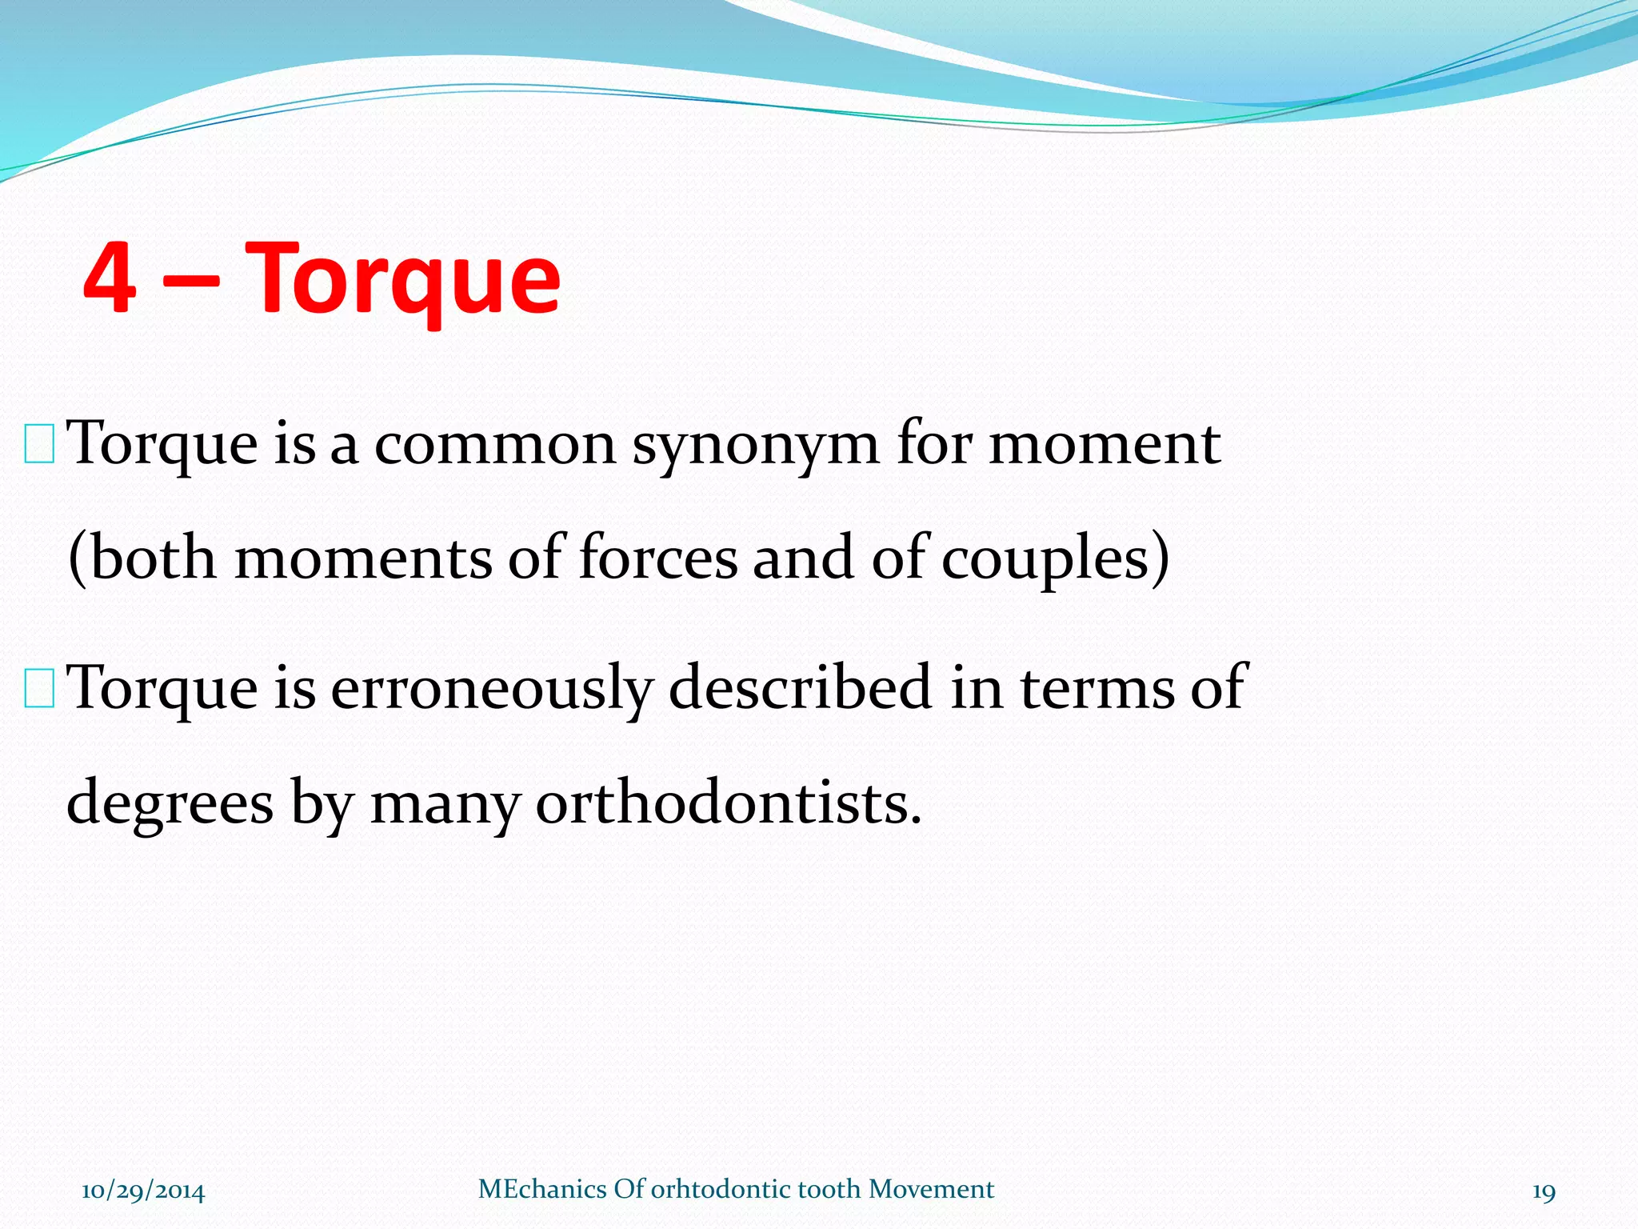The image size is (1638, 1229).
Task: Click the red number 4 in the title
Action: point(110,278)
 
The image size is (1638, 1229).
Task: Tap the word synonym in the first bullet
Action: point(756,445)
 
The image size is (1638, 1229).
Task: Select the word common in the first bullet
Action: point(495,445)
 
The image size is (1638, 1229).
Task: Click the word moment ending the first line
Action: point(1105,445)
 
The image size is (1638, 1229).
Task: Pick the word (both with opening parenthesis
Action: point(142,558)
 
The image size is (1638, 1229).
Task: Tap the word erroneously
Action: point(491,688)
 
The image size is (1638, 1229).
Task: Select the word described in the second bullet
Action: point(800,688)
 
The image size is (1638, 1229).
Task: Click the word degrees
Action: point(170,804)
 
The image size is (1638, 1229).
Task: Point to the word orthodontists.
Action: point(728,803)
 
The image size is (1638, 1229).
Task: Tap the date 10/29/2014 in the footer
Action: point(143,1191)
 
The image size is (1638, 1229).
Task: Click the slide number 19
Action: point(1544,1191)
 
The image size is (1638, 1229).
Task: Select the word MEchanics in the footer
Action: point(542,1189)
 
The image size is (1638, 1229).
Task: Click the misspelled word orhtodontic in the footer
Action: point(721,1189)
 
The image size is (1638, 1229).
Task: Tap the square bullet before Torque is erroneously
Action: point(39,691)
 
